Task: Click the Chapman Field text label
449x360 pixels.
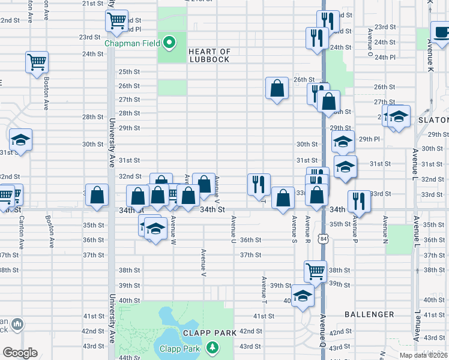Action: [133, 43]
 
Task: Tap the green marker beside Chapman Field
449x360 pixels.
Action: [170, 43]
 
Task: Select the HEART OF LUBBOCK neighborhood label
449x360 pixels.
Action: [209, 55]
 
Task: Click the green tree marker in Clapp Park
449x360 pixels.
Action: [212, 347]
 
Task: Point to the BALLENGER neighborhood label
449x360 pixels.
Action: [369, 314]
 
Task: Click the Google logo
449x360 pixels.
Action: [20, 353]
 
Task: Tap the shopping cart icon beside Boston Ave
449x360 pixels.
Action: [37, 61]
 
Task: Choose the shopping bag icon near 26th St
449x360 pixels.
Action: [277, 89]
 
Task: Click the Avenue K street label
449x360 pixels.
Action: [430, 55]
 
